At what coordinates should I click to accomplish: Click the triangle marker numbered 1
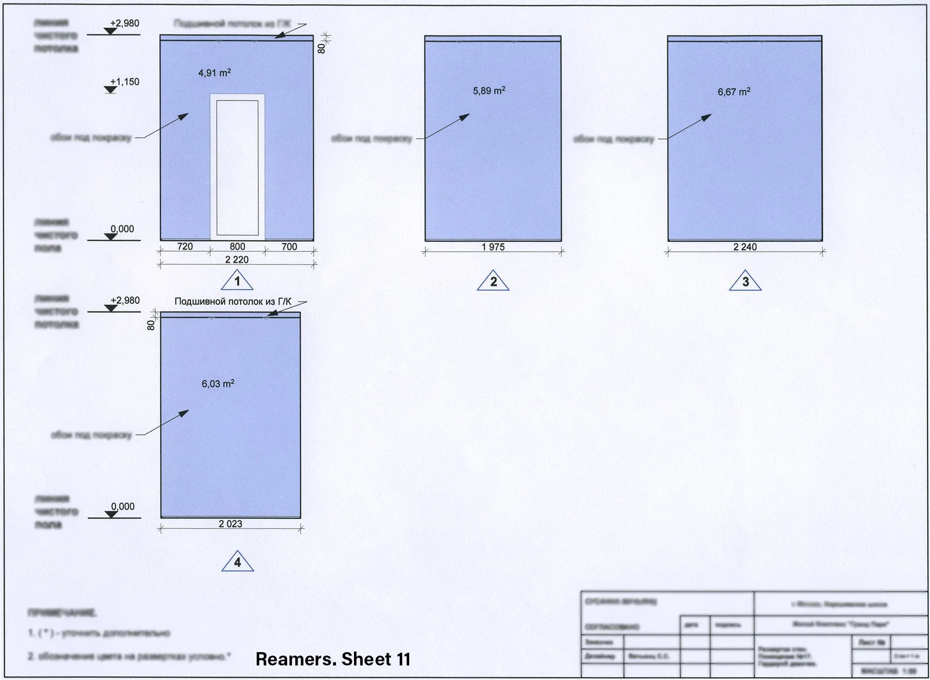tap(237, 281)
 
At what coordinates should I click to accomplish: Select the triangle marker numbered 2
tap(493, 282)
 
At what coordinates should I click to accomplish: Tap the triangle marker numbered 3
tap(746, 282)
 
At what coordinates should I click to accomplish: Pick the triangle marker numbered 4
tap(237, 563)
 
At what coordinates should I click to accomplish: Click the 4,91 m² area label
tap(214, 73)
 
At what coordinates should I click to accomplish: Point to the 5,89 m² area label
tap(489, 91)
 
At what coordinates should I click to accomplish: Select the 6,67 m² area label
tap(734, 92)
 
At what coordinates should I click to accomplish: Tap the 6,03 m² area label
tap(218, 384)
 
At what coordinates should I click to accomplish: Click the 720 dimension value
tap(184, 246)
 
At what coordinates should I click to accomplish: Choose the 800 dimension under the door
tap(237, 246)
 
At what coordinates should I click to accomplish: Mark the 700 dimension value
tap(289, 246)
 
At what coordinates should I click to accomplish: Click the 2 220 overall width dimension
tap(237, 260)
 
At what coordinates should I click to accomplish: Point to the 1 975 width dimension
tap(493, 247)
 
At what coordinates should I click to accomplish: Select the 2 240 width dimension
tap(745, 247)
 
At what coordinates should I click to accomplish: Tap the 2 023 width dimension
tap(231, 524)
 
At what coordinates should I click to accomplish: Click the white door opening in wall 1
tap(237, 167)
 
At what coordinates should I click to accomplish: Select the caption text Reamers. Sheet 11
tap(333, 659)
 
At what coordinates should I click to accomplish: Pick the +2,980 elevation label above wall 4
tap(125, 300)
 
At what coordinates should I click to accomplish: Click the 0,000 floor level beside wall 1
tap(122, 229)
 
